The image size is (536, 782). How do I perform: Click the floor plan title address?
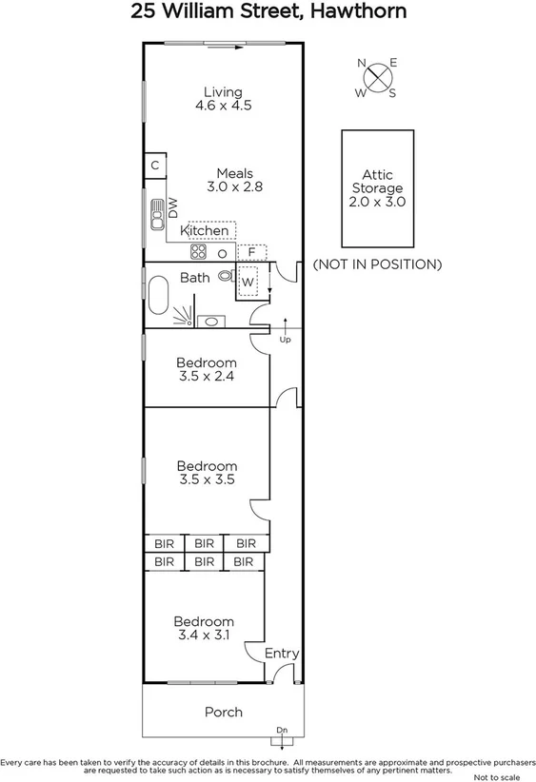click(x=268, y=12)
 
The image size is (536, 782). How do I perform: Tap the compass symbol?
click(x=377, y=77)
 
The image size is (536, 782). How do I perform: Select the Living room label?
click(x=222, y=99)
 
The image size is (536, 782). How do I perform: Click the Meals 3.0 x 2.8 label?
click(x=234, y=180)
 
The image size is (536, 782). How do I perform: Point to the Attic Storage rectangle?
click(x=377, y=187)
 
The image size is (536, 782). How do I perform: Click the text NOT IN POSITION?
click(x=377, y=264)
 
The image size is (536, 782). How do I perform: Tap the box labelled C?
click(x=155, y=166)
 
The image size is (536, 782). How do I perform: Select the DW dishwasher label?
click(x=174, y=206)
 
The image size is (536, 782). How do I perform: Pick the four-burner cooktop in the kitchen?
click(x=199, y=252)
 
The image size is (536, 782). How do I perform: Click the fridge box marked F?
click(x=251, y=253)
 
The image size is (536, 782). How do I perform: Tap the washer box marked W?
click(x=248, y=283)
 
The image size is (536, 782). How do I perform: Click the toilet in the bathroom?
click(x=226, y=277)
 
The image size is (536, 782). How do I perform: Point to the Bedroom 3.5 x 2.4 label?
click(x=207, y=369)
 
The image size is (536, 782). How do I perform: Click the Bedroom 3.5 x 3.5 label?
click(x=207, y=473)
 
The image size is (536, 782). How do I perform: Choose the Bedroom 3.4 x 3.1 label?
click(x=205, y=628)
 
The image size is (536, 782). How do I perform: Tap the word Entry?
click(x=282, y=654)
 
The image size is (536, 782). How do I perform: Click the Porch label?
click(x=224, y=712)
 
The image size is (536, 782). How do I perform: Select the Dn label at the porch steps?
click(x=282, y=730)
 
